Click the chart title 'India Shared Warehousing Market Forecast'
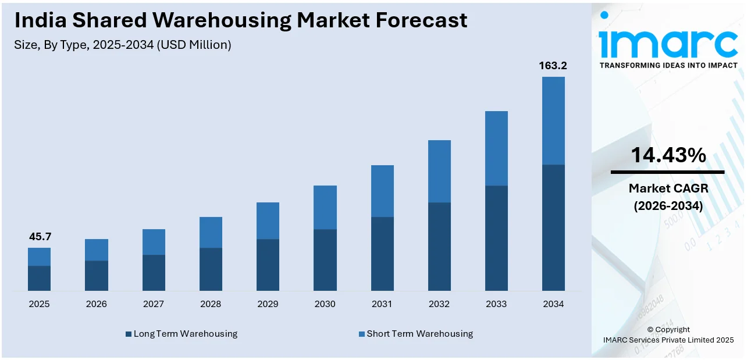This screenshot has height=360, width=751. pyautogui.click(x=241, y=20)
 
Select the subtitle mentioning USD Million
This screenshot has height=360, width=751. pyautogui.click(x=123, y=45)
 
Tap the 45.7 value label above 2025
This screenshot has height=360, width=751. pyautogui.click(x=39, y=237)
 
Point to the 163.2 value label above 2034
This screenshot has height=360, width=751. pyautogui.click(x=553, y=66)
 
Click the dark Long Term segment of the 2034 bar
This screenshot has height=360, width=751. pyautogui.click(x=553, y=227)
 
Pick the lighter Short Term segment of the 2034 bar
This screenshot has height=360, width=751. pyautogui.click(x=553, y=120)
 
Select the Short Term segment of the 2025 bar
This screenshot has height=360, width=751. pyautogui.click(x=39, y=256)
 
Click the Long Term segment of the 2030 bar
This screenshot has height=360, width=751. pyautogui.click(x=325, y=259)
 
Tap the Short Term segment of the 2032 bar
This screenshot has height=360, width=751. pyautogui.click(x=439, y=171)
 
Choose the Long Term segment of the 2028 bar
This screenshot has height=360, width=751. pyautogui.click(x=211, y=269)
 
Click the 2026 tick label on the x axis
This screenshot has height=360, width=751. pyautogui.click(x=96, y=304)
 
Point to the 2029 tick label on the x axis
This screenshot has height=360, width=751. pyautogui.click(x=268, y=304)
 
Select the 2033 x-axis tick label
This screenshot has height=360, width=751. pyautogui.click(x=496, y=304)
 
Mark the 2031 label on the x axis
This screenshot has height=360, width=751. pyautogui.click(x=382, y=304)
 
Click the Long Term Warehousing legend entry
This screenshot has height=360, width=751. pyautogui.click(x=181, y=334)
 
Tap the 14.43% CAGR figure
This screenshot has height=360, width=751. pyautogui.click(x=668, y=155)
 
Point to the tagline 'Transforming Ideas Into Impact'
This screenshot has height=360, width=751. pyautogui.click(x=668, y=65)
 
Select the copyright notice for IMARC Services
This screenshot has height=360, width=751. pyautogui.click(x=668, y=335)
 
